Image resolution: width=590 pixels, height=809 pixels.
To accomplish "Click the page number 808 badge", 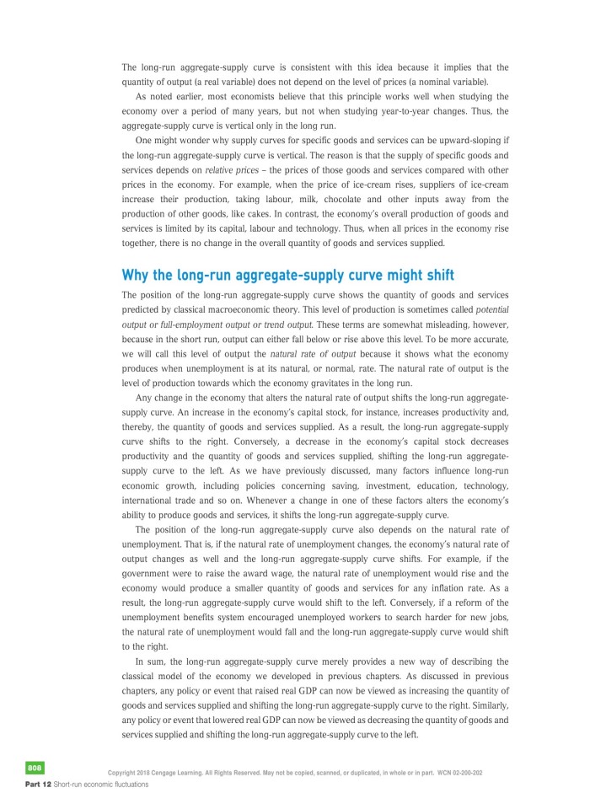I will (35, 768).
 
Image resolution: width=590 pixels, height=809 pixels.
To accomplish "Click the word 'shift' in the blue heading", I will (432, 275).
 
